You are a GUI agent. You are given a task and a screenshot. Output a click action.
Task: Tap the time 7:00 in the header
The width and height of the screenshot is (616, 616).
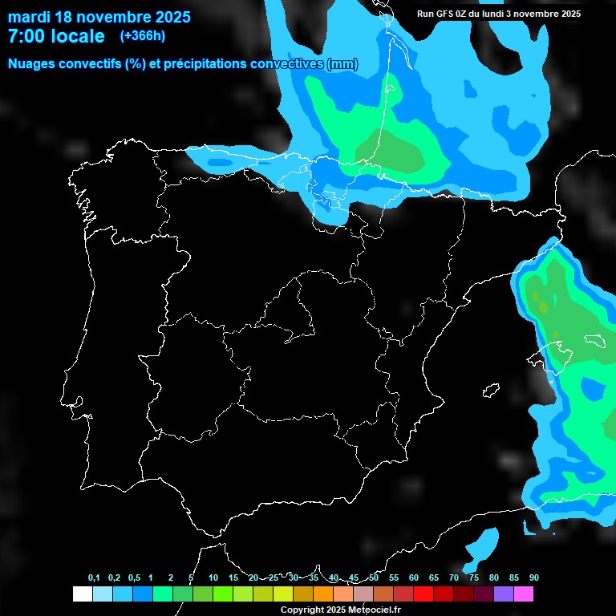click(x=27, y=36)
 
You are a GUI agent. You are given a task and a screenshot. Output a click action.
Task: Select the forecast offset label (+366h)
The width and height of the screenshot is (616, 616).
click(x=142, y=36)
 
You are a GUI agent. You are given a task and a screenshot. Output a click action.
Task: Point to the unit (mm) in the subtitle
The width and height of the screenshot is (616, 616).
click(x=342, y=64)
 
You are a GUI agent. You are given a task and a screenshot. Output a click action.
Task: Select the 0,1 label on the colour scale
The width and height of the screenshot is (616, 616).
click(x=94, y=578)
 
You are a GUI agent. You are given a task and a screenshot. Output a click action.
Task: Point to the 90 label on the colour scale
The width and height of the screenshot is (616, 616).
click(x=534, y=578)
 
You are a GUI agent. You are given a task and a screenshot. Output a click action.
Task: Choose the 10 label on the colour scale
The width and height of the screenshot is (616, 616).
click(x=213, y=578)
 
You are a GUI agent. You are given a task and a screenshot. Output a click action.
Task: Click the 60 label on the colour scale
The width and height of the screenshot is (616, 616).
click(x=414, y=578)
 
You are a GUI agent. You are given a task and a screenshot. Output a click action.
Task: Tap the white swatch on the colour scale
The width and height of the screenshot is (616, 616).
click(x=82, y=594)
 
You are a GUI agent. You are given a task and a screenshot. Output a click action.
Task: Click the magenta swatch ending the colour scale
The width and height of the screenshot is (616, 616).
click(x=524, y=594)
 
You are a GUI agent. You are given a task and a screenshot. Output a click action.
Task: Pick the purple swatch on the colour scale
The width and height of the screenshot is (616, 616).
click(x=504, y=594)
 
